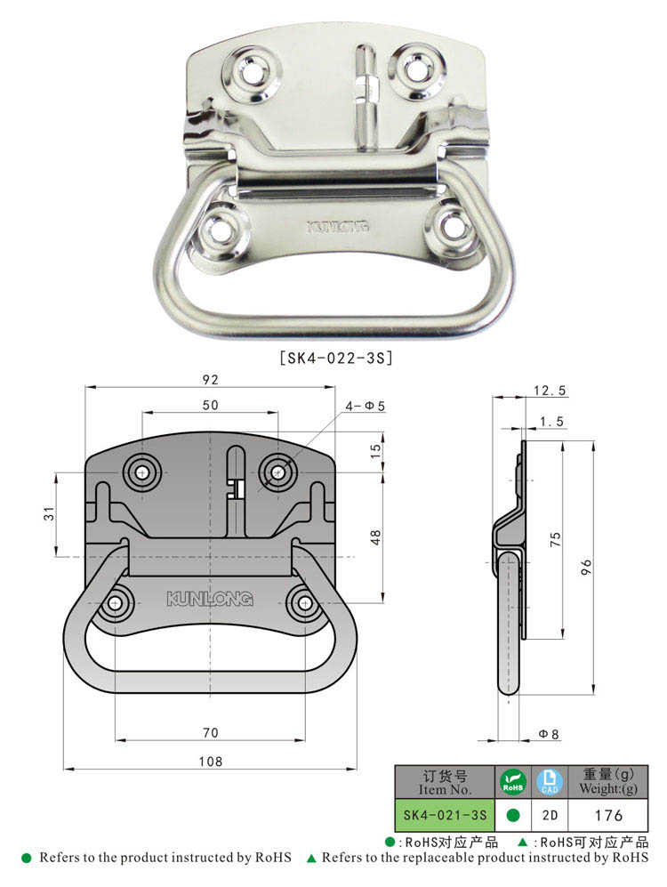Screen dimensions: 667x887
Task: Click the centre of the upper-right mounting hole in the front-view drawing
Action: coord(278,472)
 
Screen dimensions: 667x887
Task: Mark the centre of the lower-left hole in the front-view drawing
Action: coord(116,603)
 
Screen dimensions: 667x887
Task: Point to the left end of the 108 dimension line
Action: coord(64,769)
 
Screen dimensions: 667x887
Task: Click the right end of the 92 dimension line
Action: coord(335,388)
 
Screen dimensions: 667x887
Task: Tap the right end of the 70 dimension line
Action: coord(305,739)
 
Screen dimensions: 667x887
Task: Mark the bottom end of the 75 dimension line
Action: coord(562,640)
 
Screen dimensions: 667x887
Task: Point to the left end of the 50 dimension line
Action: coord(142,413)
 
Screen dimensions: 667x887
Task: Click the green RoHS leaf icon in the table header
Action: coord(512,782)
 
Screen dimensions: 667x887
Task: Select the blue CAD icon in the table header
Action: coord(550,782)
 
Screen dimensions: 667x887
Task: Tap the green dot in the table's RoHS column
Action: coord(512,815)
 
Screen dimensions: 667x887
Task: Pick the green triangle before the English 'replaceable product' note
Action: coord(311,859)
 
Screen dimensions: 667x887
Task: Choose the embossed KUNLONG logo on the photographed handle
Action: coord(338,227)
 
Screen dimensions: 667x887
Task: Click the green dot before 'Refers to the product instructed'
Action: coord(27,859)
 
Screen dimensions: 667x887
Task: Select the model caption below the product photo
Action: coord(336,358)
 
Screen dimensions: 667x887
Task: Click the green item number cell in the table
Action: coord(445,815)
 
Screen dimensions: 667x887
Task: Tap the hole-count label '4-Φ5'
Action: coord(366,407)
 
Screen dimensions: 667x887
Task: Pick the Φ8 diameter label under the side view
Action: coord(549,734)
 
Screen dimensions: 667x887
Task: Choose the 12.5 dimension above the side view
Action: coord(550,391)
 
